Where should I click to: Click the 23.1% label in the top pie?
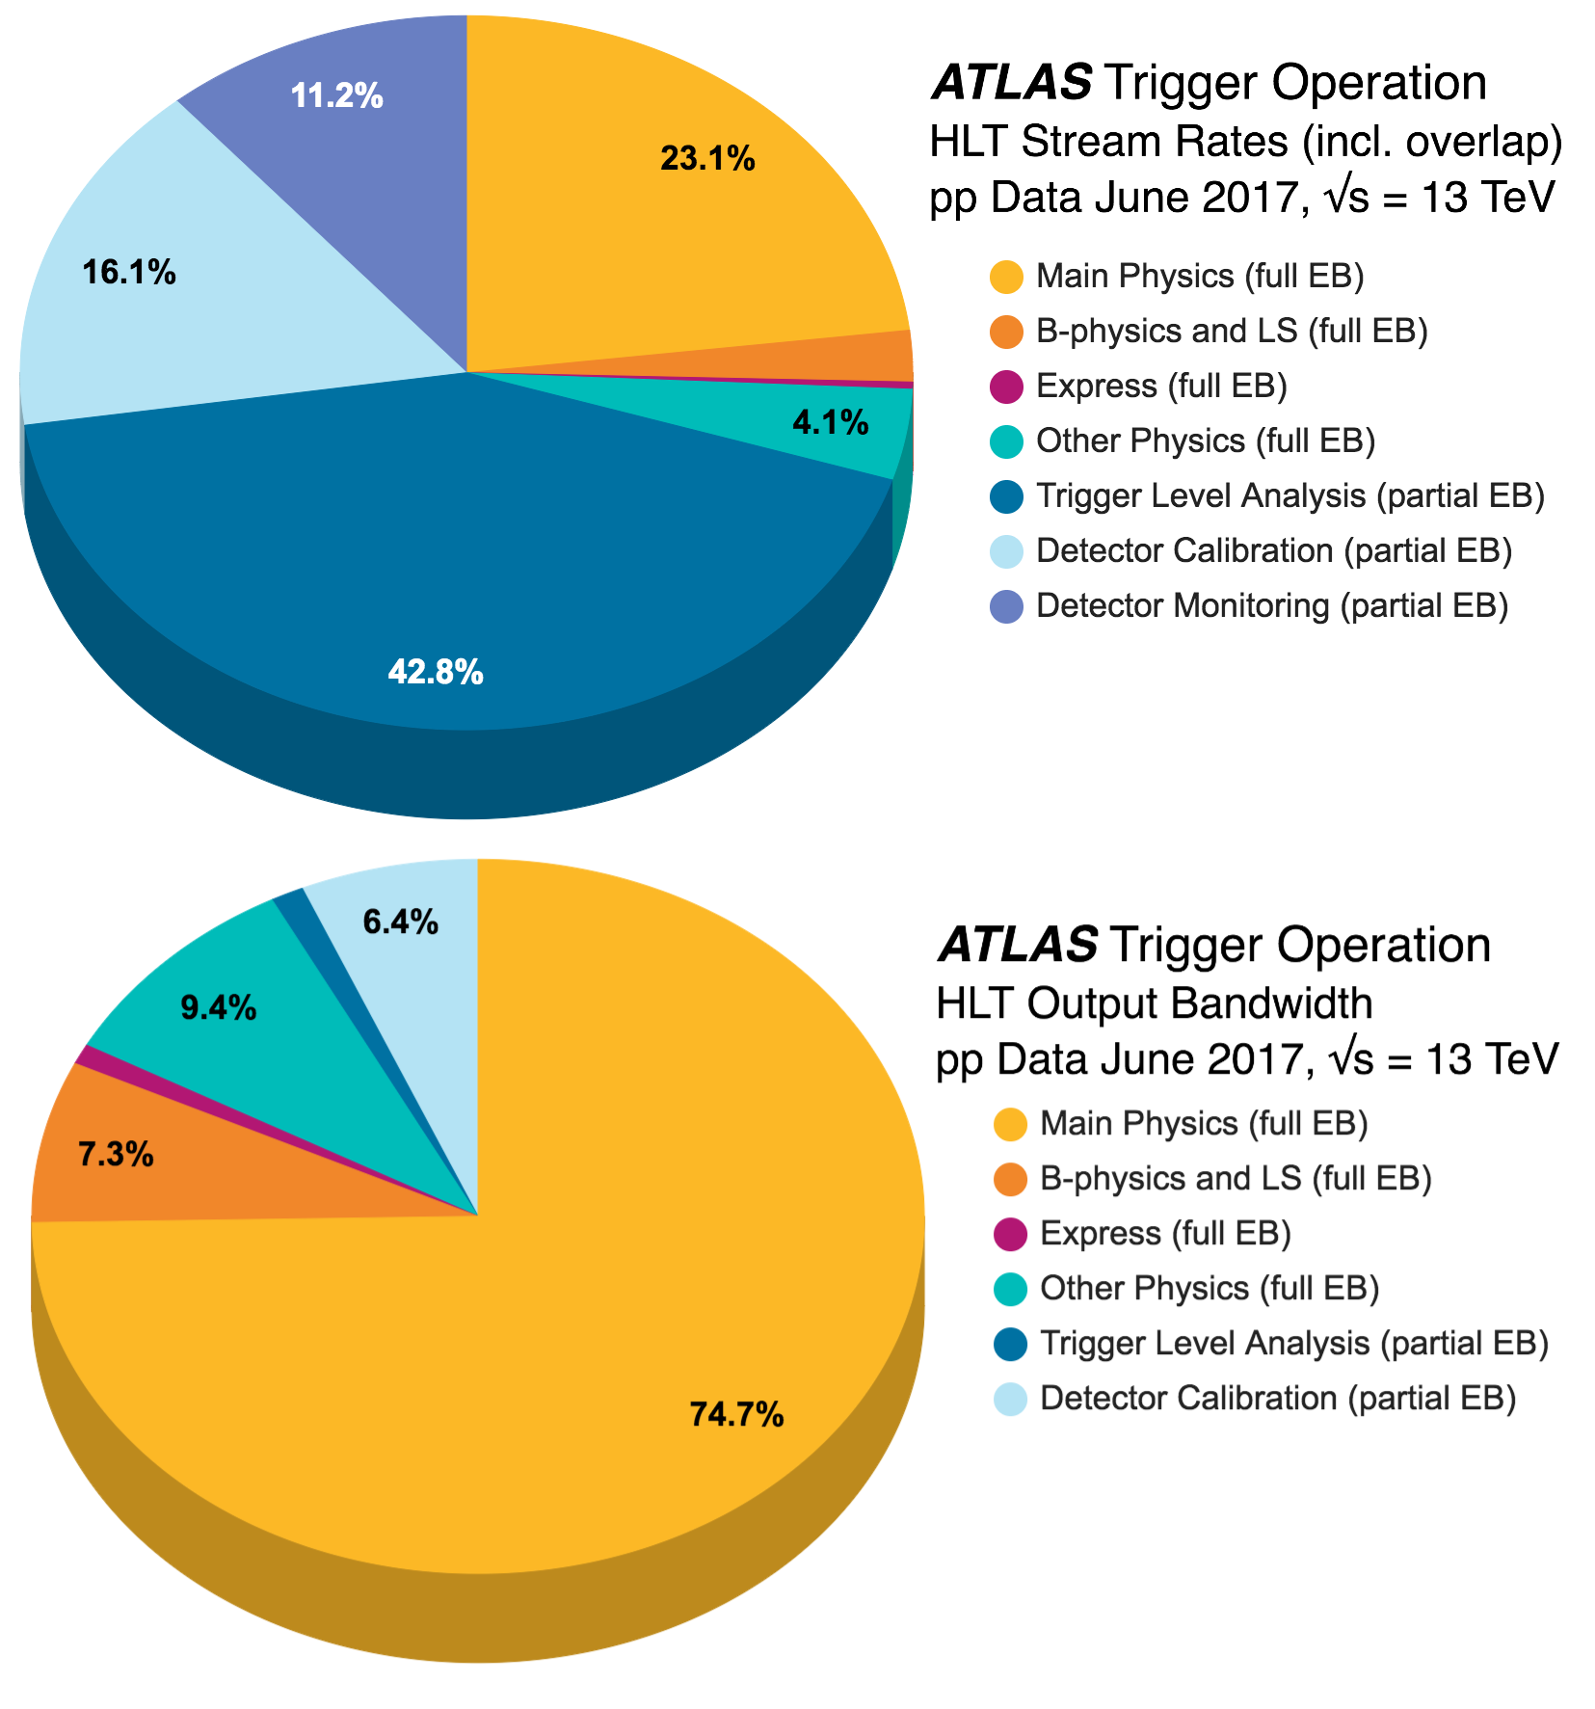[x=707, y=158]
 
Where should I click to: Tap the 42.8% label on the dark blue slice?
[x=435, y=672]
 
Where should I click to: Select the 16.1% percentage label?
[x=129, y=273]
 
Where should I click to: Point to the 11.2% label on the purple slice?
[x=336, y=96]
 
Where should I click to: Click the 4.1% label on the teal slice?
[x=830, y=422]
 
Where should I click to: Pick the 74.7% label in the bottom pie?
[x=736, y=1414]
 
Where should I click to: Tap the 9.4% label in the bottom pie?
[x=219, y=1008]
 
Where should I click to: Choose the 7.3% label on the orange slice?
[x=116, y=1154]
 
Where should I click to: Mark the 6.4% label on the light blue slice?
[x=400, y=922]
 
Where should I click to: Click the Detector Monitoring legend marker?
[x=1007, y=606]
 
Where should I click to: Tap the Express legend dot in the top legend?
[x=1007, y=387]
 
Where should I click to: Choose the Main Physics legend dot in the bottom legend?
[x=1010, y=1124]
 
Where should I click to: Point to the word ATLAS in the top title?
[x=1011, y=83]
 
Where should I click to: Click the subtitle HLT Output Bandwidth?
[x=1154, y=1003]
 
